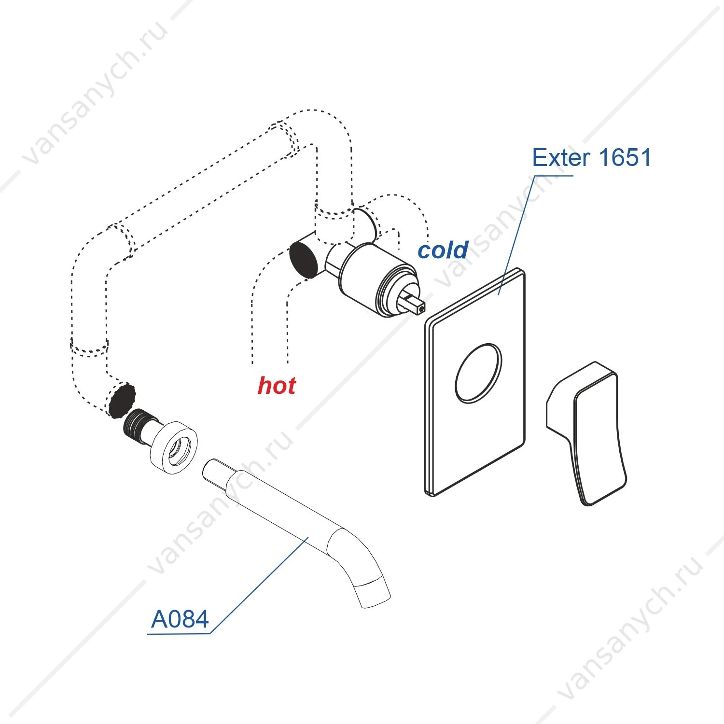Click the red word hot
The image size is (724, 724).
pyautogui.click(x=277, y=385)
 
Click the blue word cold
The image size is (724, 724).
pyautogui.click(x=443, y=250)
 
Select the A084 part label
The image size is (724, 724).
pyautogui.click(x=180, y=619)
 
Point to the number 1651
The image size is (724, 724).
pyautogui.click(x=625, y=158)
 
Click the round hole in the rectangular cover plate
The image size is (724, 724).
pyautogui.click(x=478, y=373)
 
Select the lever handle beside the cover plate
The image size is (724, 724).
pyautogui.click(x=587, y=433)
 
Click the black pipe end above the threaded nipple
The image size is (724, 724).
pyautogui.click(x=122, y=400)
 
